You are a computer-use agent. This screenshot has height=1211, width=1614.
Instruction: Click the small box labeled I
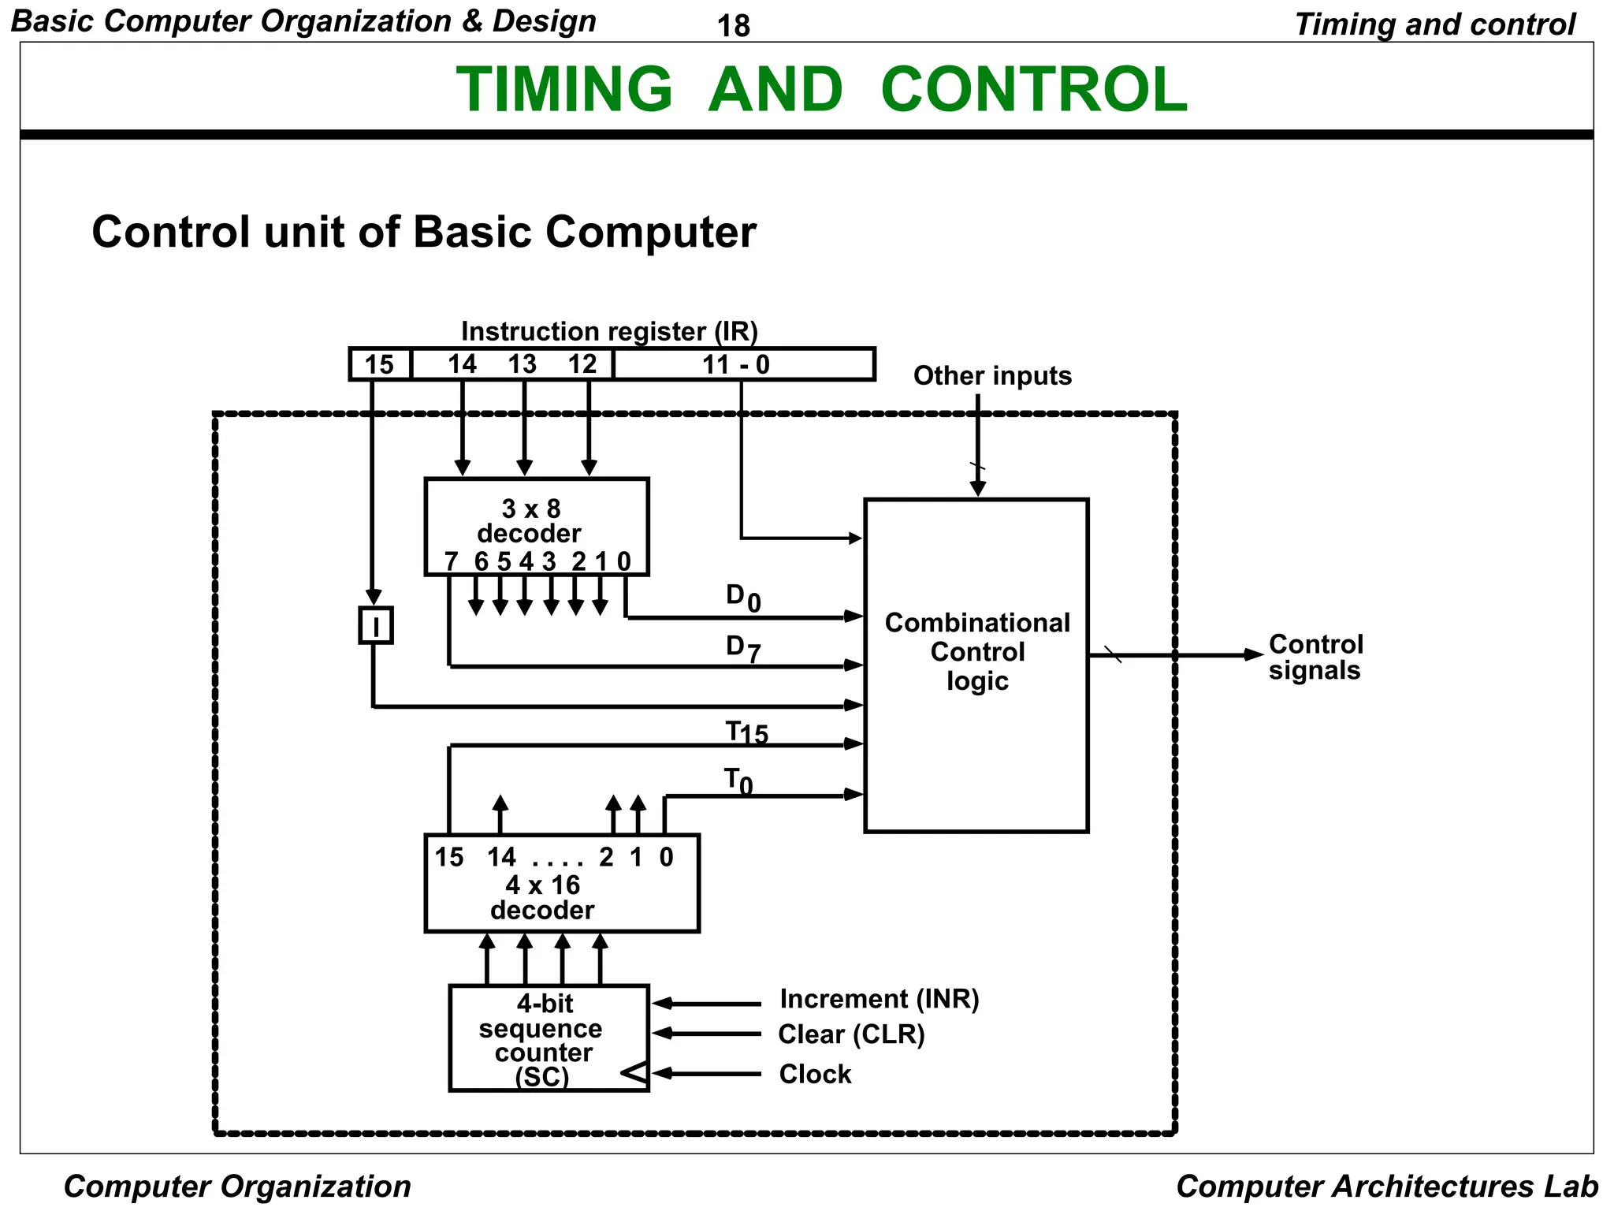pos(376,626)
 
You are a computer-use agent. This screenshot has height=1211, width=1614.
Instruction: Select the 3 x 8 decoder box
pos(536,526)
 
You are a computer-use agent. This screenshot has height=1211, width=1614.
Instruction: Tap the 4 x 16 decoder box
pos(561,884)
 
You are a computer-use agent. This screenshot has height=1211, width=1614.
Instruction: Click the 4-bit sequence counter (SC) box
pos(548,1038)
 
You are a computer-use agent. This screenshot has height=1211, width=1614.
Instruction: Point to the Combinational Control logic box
pos(976,665)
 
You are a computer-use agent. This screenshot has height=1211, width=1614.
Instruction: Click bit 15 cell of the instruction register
pos(380,364)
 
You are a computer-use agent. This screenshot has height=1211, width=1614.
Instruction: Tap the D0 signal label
pos(742,598)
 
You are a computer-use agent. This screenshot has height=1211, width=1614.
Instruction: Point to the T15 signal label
pos(746,732)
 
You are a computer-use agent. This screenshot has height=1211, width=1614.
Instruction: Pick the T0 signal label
pos(738,781)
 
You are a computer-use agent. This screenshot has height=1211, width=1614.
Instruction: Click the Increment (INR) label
pos(879,999)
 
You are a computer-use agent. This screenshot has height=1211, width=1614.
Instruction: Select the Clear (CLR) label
pos(851,1034)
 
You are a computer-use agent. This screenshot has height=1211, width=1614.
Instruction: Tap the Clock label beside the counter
pos(815,1074)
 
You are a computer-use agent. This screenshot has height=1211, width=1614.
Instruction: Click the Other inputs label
pos(992,375)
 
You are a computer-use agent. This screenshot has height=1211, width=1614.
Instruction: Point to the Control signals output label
pos(1315,657)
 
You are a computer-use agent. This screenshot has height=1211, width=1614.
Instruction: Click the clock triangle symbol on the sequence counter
pos(634,1073)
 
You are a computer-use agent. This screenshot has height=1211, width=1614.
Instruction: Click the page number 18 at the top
pos(733,26)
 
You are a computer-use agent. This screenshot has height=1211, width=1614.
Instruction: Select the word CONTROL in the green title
pos(1033,89)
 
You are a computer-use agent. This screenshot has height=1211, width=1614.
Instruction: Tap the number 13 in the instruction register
pos(522,364)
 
